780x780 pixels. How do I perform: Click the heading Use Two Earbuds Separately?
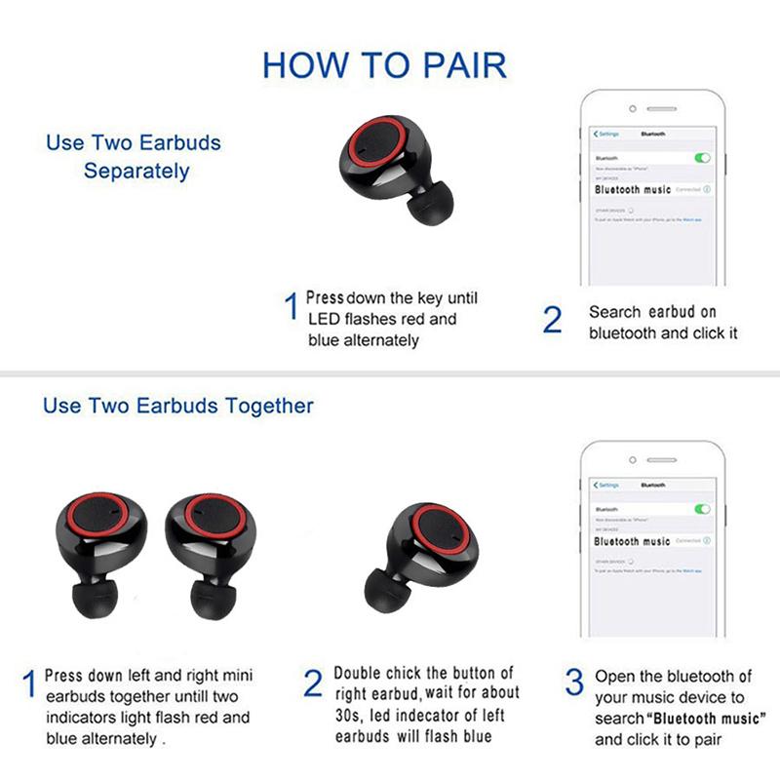coord(134,156)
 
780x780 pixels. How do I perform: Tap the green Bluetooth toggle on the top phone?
coord(702,157)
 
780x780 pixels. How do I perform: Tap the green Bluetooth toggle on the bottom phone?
coord(702,509)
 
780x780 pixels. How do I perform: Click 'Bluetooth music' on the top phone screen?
coord(633,189)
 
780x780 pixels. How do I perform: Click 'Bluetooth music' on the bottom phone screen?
coord(633,541)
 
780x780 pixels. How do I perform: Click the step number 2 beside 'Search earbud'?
coord(553,320)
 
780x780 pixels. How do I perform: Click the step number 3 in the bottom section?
coord(575,682)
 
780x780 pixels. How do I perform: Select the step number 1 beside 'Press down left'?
coord(29,683)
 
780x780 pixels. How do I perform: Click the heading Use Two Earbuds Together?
coord(178,405)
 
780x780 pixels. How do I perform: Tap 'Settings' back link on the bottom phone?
coord(606,485)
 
